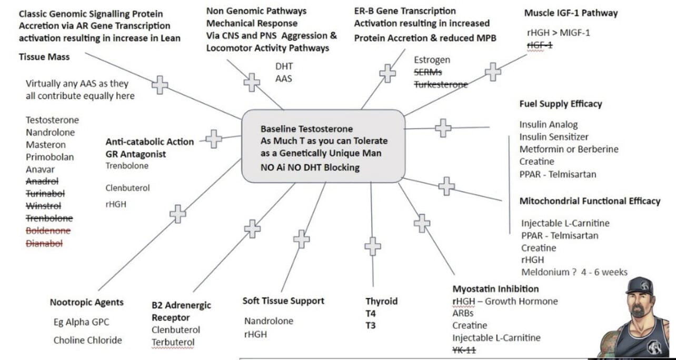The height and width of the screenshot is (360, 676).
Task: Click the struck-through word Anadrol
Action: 42,182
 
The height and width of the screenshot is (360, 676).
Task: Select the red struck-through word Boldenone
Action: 48,231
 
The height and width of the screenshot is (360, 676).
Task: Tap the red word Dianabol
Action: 44,243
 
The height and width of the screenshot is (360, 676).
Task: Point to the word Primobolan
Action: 50,157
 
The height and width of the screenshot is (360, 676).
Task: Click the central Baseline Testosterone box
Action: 323,148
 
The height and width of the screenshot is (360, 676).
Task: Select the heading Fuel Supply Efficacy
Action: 560,104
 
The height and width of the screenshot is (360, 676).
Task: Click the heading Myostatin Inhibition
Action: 495,289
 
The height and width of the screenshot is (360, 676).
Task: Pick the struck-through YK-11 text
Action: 464,350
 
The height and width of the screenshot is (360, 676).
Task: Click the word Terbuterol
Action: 173,343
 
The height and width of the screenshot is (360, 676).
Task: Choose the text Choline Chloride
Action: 87,340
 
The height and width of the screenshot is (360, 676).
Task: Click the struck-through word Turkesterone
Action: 441,84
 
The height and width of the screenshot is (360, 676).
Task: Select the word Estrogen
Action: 432,60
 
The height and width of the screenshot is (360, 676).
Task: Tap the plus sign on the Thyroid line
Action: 373,246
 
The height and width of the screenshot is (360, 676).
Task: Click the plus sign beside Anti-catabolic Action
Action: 213,139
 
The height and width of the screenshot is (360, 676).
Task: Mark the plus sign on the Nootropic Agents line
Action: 178,214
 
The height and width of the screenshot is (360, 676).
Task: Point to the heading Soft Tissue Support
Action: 283,301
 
